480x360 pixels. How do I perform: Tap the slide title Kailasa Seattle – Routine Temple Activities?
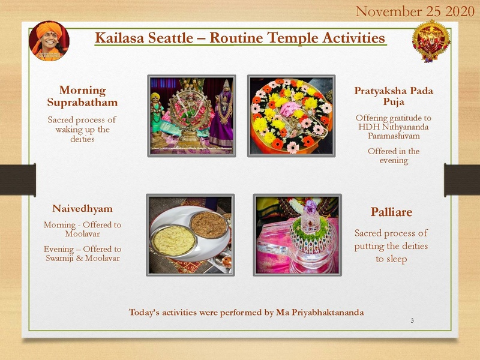coord(240,38)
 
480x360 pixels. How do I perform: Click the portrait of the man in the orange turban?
coord(49,41)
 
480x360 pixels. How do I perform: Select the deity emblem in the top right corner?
coord(431,40)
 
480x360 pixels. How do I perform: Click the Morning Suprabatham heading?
coord(82,97)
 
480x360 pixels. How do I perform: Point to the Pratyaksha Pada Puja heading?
coord(394,97)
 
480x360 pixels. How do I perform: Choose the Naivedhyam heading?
coord(82,209)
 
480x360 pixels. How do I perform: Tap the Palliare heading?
coord(391,212)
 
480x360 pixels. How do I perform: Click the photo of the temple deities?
coord(191,116)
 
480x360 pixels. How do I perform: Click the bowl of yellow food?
coord(174,240)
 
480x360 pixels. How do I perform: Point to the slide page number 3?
coord(412,321)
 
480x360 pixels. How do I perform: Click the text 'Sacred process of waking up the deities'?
coord(82,130)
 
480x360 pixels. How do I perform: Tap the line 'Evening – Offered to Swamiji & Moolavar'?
coord(82,253)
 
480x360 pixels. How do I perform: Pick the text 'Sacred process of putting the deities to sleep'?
coord(391,246)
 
